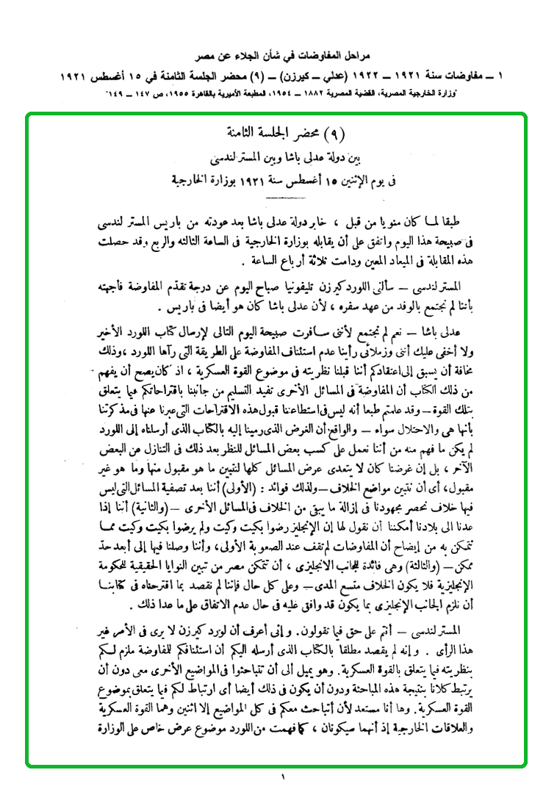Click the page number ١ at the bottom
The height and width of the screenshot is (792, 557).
pyautogui.click(x=282, y=776)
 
